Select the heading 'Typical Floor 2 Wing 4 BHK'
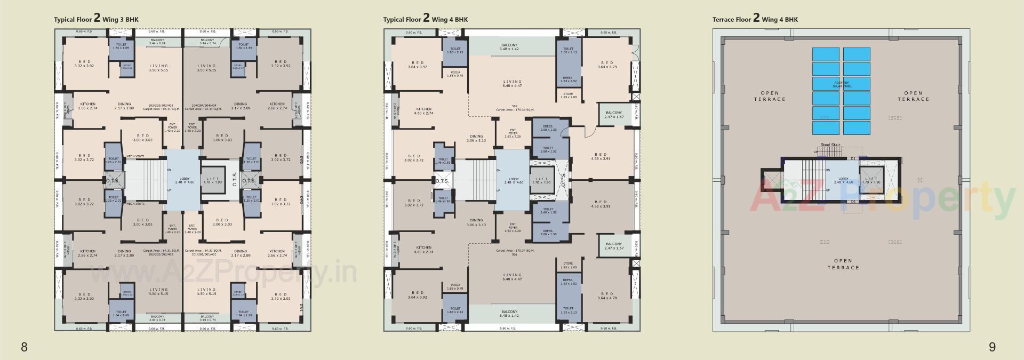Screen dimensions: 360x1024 pyautogui.click(x=425, y=19)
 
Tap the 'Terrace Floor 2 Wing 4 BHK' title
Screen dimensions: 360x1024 pyautogui.click(x=755, y=19)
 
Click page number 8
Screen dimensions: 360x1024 pyautogui.click(x=24, y=347)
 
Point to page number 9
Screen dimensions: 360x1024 pyautogui.click(x=992, y=347)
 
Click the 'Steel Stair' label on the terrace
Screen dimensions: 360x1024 pyautogui.click(x=830, y=145)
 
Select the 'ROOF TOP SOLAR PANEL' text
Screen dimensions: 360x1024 pyautogui.click(x=841, y=84)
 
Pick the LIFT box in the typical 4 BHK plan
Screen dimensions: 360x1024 pyautogui.click(x=541, y=180)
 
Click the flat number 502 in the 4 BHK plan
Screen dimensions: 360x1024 pyautogui.click(x=514, y=106)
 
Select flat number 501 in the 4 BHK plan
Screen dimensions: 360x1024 pyautogui.click(x=514, y=254)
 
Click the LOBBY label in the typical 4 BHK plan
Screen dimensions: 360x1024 pyautogui.click(x=514, y=180)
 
